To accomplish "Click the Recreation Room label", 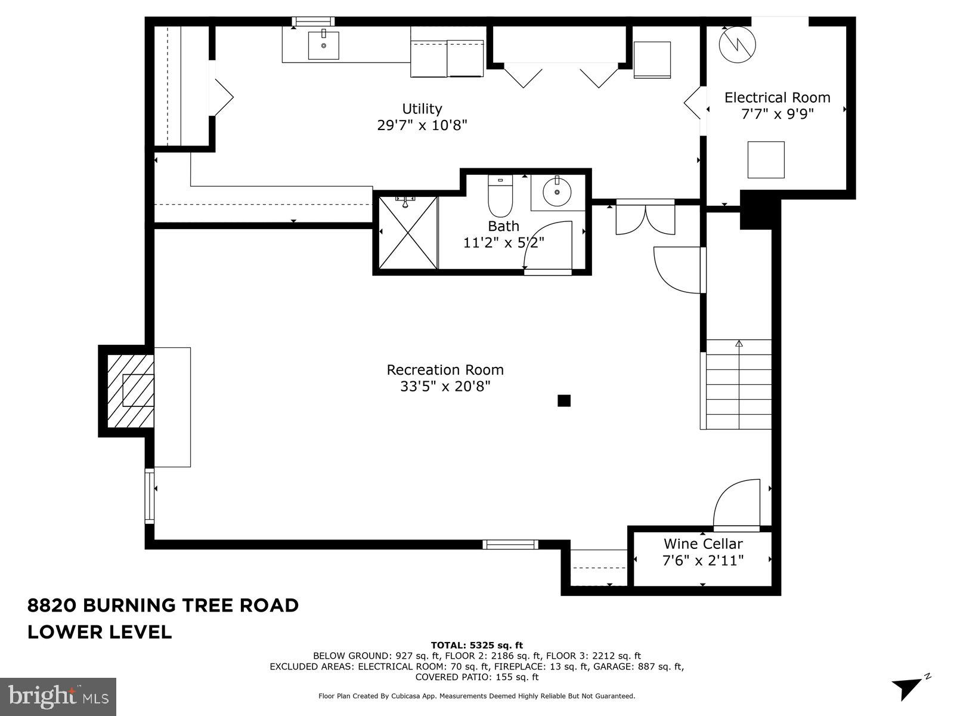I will tap(445, 370).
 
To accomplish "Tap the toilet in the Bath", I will tap(500, 197).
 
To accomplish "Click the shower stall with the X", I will tap(408, 232).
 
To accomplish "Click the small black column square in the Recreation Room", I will tap(564, 401).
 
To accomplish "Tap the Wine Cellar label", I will tap(703, 544).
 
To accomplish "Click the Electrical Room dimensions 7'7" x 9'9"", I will tap(777, 113).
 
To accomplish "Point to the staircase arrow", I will tap(739, 344).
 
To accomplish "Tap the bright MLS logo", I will tap(58, 696).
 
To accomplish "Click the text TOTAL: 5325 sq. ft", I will tap(476, 645).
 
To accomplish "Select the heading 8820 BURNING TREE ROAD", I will tap(163, 605).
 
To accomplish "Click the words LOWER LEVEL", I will tap(100, 632).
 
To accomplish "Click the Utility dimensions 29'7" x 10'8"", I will tap(422, 125).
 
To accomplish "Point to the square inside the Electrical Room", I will tap(766, 159).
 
